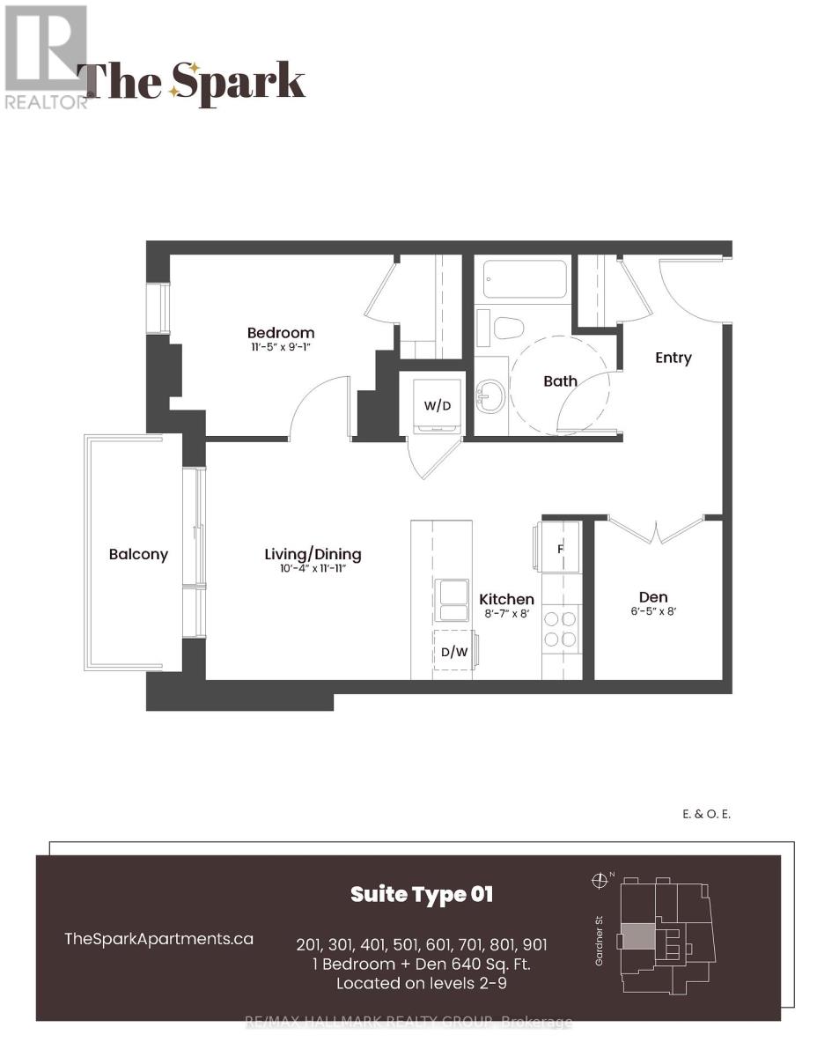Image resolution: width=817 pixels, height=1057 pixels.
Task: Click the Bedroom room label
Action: [x=280, y=333]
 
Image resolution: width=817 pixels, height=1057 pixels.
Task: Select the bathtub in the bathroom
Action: [x=524, y=279]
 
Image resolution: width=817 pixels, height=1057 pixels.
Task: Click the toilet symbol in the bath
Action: [x=509, y=329]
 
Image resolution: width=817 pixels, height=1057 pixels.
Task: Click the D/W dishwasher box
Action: [x=453, y=653]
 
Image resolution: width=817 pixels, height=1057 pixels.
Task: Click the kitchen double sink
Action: [x=454, y=600]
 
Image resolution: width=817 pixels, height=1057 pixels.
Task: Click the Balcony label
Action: [x=138, y=555]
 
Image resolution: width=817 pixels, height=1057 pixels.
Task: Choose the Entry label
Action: [x=673, y=358]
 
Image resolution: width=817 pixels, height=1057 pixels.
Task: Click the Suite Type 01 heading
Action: [x=422, y=895]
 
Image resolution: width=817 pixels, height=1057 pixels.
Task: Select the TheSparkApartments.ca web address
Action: [x=159, y=939]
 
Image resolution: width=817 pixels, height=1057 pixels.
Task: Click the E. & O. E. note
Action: [x=707, y=815]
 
